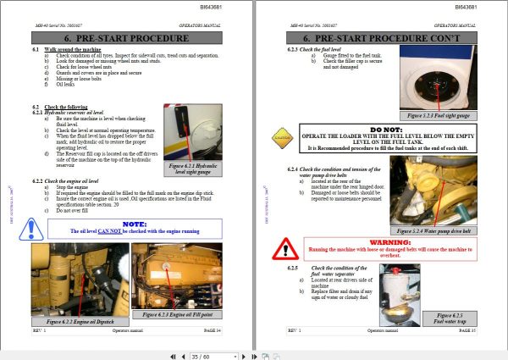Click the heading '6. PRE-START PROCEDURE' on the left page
[x=125, y=39]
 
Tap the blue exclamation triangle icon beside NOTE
[x=34, y=229]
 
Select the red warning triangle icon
[x=281, y=246]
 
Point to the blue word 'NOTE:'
[x=135, y=223]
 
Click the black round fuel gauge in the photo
[x=439, y=86]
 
